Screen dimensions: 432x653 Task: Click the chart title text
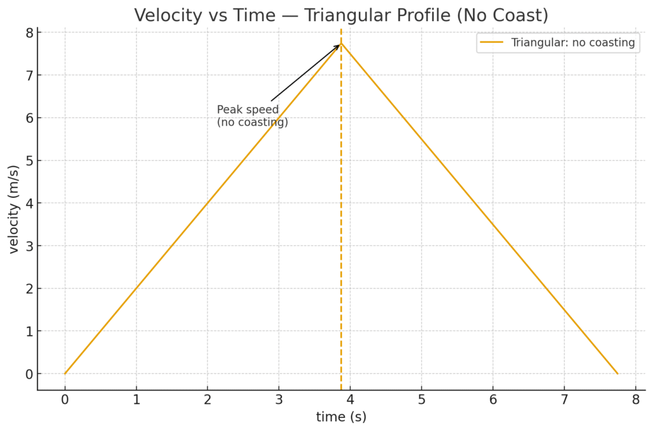coord(341,15)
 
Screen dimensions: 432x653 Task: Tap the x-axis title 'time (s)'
coord(341,417)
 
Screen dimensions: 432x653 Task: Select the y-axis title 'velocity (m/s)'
coord(14,203)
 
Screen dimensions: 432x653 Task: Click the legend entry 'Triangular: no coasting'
coord(573,43)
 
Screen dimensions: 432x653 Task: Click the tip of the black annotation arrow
coord(340,44)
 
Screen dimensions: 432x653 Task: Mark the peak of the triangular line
coord(341,43)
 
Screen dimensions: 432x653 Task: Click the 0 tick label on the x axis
coord(64,399)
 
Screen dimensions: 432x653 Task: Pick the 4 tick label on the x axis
coord(349,399)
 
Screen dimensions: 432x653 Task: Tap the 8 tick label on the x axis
coord(635,399)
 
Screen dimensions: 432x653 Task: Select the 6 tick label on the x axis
coord(492,399)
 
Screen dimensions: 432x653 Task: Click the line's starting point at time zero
coord(64,373)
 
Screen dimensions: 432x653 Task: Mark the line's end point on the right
coord(617,373)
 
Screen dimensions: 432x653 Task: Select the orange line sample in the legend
coord(492,43)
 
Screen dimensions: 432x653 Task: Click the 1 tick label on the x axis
coord(136,399)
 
